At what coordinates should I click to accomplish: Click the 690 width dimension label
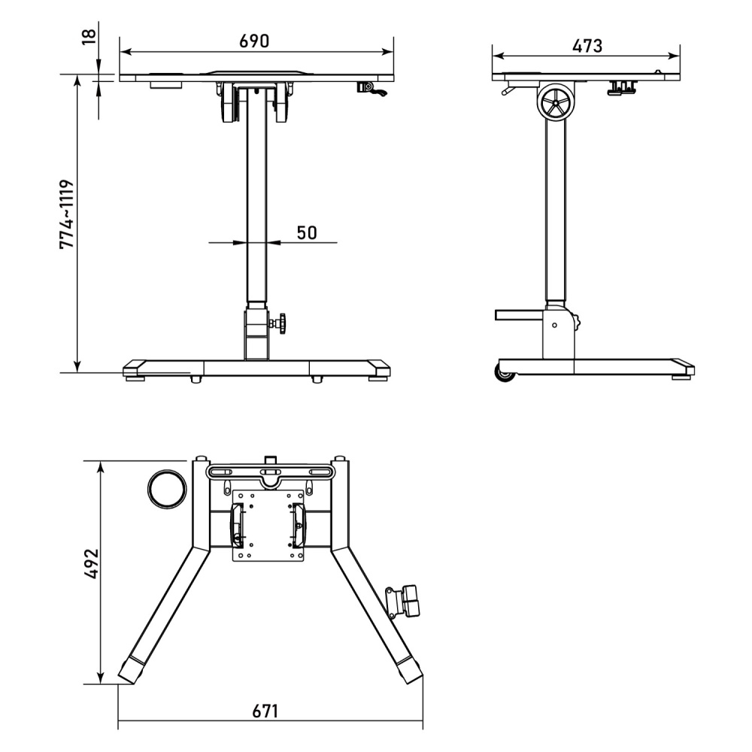(254, 41)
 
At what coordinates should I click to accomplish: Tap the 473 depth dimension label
(587, 46)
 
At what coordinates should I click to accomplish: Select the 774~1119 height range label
(67, 214)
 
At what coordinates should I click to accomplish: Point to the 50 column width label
(307, 232)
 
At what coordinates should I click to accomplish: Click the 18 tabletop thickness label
(89, 36)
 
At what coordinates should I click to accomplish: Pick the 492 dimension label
(91, 563)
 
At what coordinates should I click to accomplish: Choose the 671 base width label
(265, 711)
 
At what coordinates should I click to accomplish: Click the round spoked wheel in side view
(556, 102)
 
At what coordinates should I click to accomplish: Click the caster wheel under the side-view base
(505, 374)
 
